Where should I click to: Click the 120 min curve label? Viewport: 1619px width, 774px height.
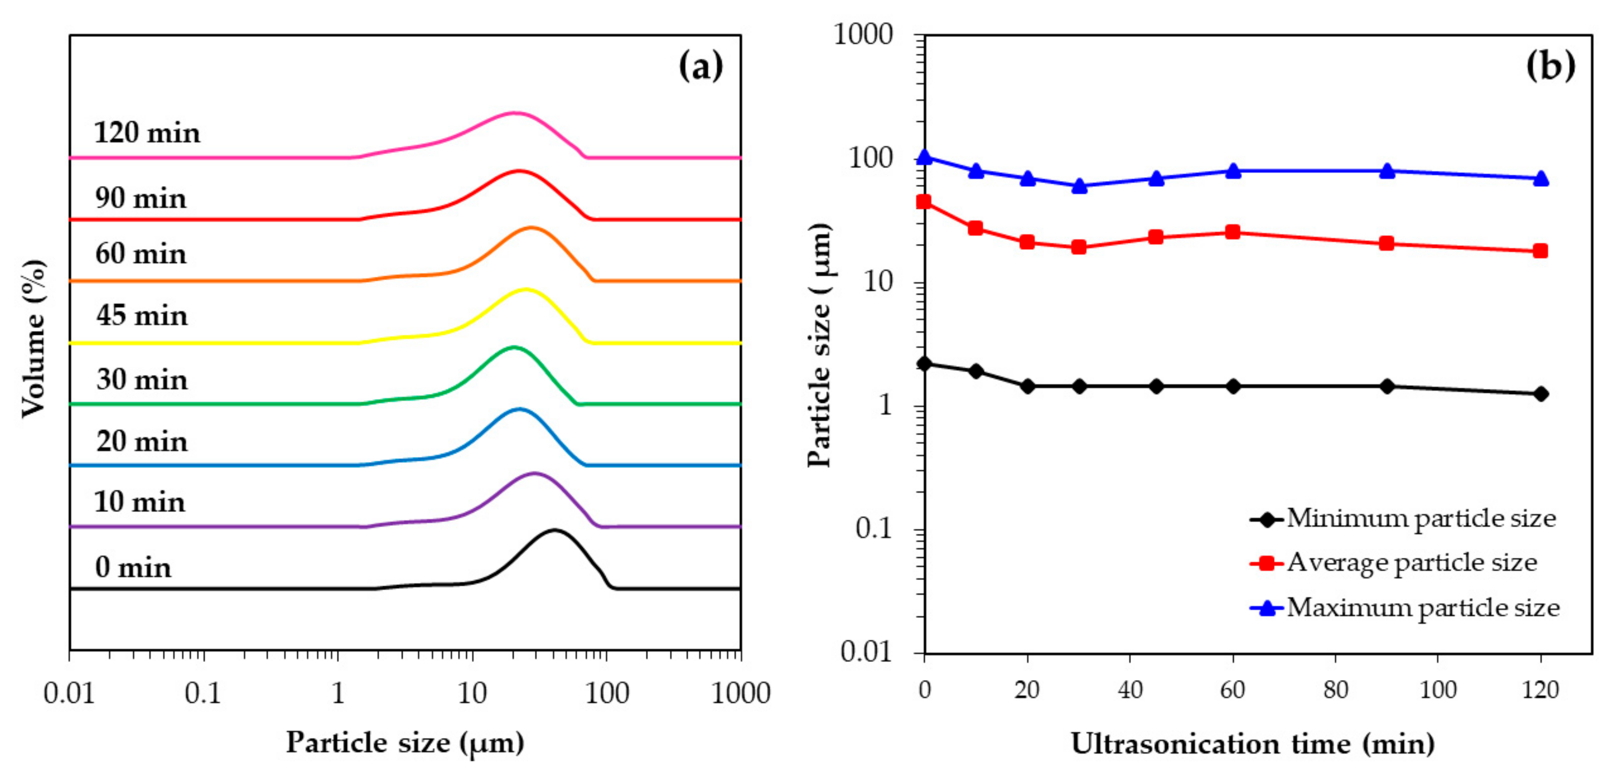pyautogui.click(x=147, y=133)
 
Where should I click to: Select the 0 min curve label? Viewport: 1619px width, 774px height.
pyautogui.click(x=133, y=568)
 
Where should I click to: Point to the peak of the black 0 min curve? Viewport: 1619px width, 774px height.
pyautogui.click(x=554, y=530)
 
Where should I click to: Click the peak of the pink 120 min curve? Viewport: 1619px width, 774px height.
pyautogui.click(x=515, y=113)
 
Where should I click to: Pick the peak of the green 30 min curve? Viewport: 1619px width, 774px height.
pyautogui.click(x=514, y=346)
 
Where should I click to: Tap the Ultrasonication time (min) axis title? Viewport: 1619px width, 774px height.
pyautogui.click(x=1253, y=744)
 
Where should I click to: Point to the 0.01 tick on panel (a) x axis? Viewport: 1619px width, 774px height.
pyautogui.click(x=69, y=693)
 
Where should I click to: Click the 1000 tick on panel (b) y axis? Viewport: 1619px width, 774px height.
pyautogui.click(x=863, y=35)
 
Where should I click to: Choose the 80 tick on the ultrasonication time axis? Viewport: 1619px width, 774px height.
pyautogui.click(x=1335, y=690)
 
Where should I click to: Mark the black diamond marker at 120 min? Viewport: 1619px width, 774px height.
pyautogui.click(x=1540, y=393)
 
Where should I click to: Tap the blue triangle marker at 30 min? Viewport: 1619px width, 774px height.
pyautogui.click(x=1079, y=186)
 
